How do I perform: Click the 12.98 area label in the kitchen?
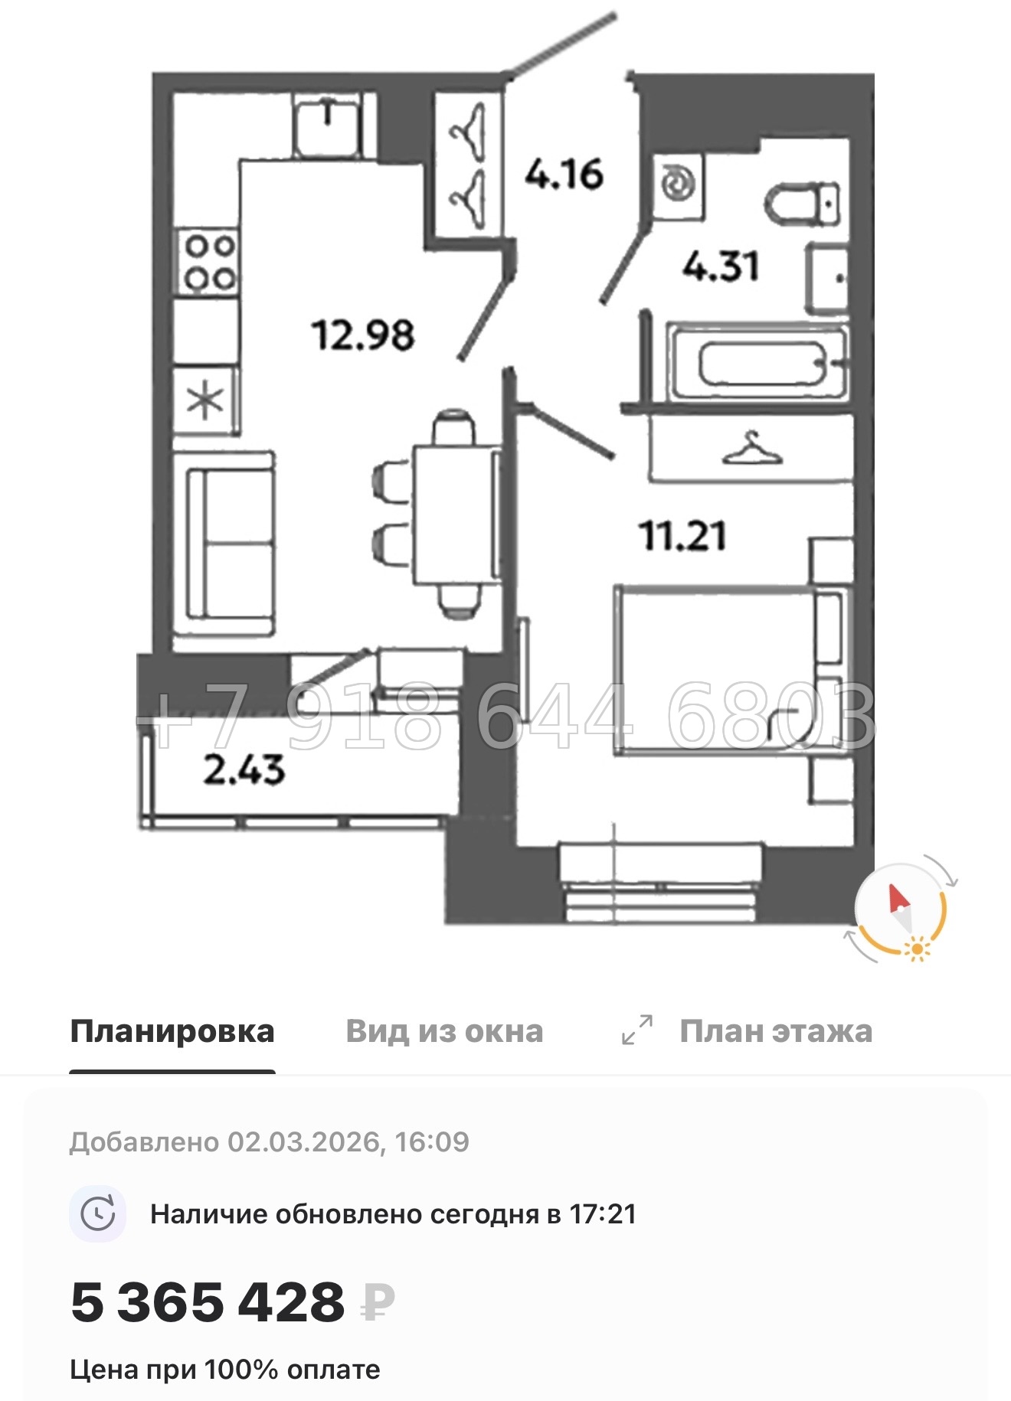tap(362, 335)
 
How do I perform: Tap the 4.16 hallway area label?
tap(564, 175)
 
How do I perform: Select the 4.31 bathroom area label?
tap(720, 266)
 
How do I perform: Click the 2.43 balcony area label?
tap(244, 769)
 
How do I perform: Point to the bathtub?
tap(758, 364)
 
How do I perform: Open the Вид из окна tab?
tap(444, 1031)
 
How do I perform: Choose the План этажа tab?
tap(775, 1031)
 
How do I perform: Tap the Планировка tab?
tap(172, 1031)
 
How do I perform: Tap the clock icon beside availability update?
tap(98, 1214)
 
